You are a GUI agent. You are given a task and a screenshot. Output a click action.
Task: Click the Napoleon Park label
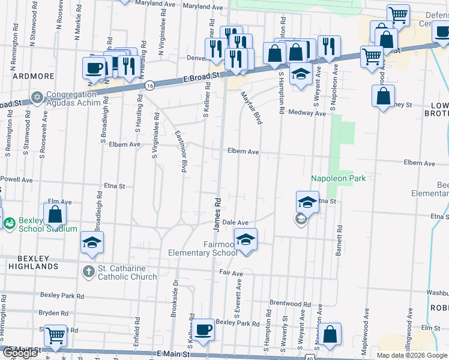click(338, 178)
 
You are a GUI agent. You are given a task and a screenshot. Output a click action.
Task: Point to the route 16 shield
click(149, 85)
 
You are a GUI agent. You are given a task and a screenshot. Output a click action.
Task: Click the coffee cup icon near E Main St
click(203, 329)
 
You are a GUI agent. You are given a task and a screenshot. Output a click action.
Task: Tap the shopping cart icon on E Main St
click(56, 335)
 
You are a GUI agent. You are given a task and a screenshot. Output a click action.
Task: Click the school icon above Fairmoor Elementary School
click(246, 239)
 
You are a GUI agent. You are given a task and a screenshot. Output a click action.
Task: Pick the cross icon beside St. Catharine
click(88, 272)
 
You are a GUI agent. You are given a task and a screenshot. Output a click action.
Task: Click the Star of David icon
click(37, 97)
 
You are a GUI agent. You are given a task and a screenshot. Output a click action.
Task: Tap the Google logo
click(20, 353)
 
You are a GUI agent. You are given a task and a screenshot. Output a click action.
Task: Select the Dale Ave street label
click(235, 223)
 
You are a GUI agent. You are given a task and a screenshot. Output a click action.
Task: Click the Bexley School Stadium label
click(47, 224)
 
